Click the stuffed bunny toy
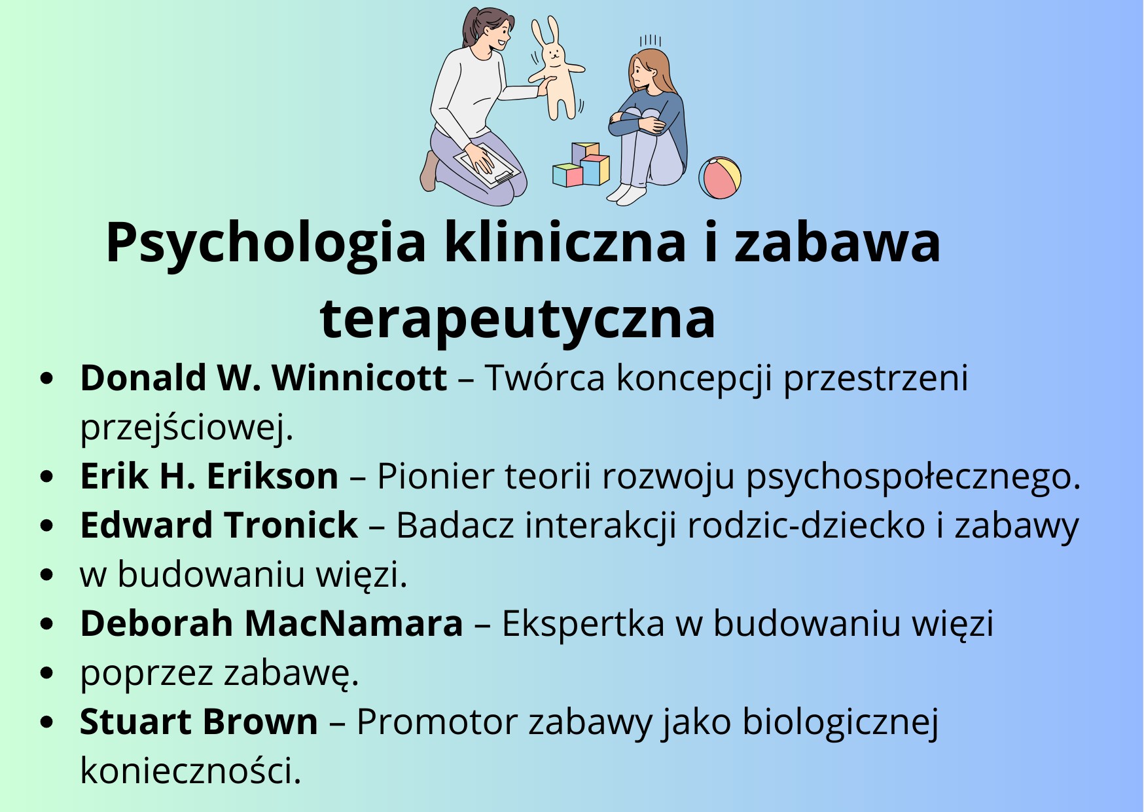pyautogui.click(x=556, y=69)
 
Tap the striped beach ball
pyautogui.click(x=719, y=177)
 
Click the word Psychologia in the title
pyautogui.click(x=266, y=244)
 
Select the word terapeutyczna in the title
pyautogui.click(x=518, y=320)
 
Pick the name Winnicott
pyautogui.click(x=359, y=378)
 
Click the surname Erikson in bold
pyautogui.click(x=273, y=476)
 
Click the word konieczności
pyautogui.click(x=190, y=771)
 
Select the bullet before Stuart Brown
pyautogui.click(x=46, y=722)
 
